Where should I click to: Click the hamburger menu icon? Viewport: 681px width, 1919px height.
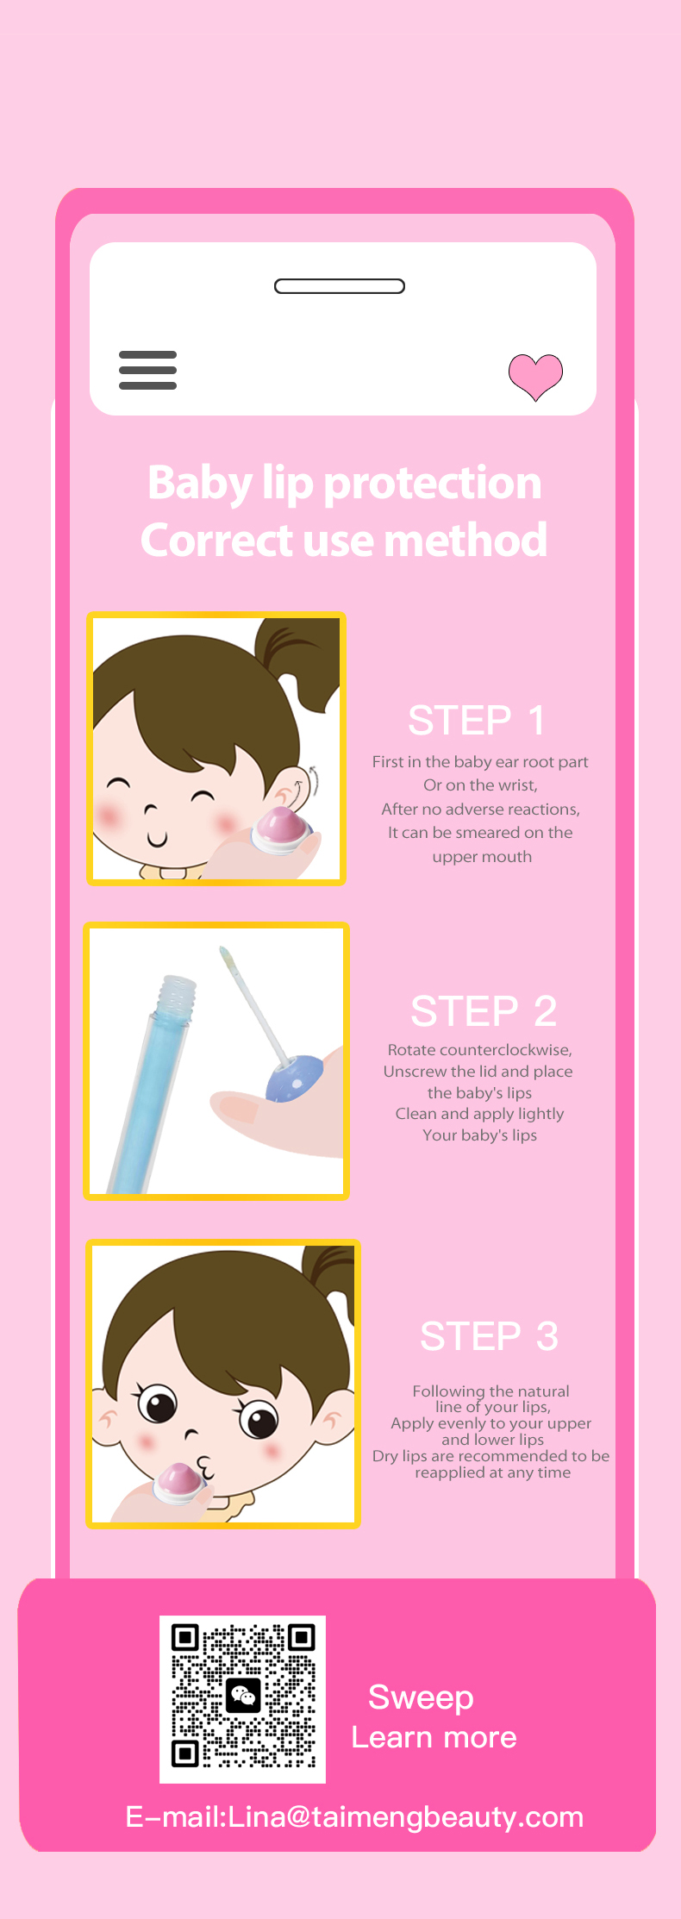click(147, 370)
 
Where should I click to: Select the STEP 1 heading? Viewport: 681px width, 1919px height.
click(476, 721)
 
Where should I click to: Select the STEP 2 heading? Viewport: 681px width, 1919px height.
click(484, 1011)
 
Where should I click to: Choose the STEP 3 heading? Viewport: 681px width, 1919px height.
click(489, 1336)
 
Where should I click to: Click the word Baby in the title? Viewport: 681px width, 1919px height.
click(200, 484)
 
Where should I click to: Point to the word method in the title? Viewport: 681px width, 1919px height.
click(465, 541)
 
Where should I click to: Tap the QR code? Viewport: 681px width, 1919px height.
click(242, 1698)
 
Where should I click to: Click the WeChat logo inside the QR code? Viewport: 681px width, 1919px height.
click(243, 1696)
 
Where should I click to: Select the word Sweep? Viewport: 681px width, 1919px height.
click(421, 1697)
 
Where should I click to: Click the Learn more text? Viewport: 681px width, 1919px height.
click(434, 1737)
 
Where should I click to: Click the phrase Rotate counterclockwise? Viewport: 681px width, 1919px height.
click(479, 1050)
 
